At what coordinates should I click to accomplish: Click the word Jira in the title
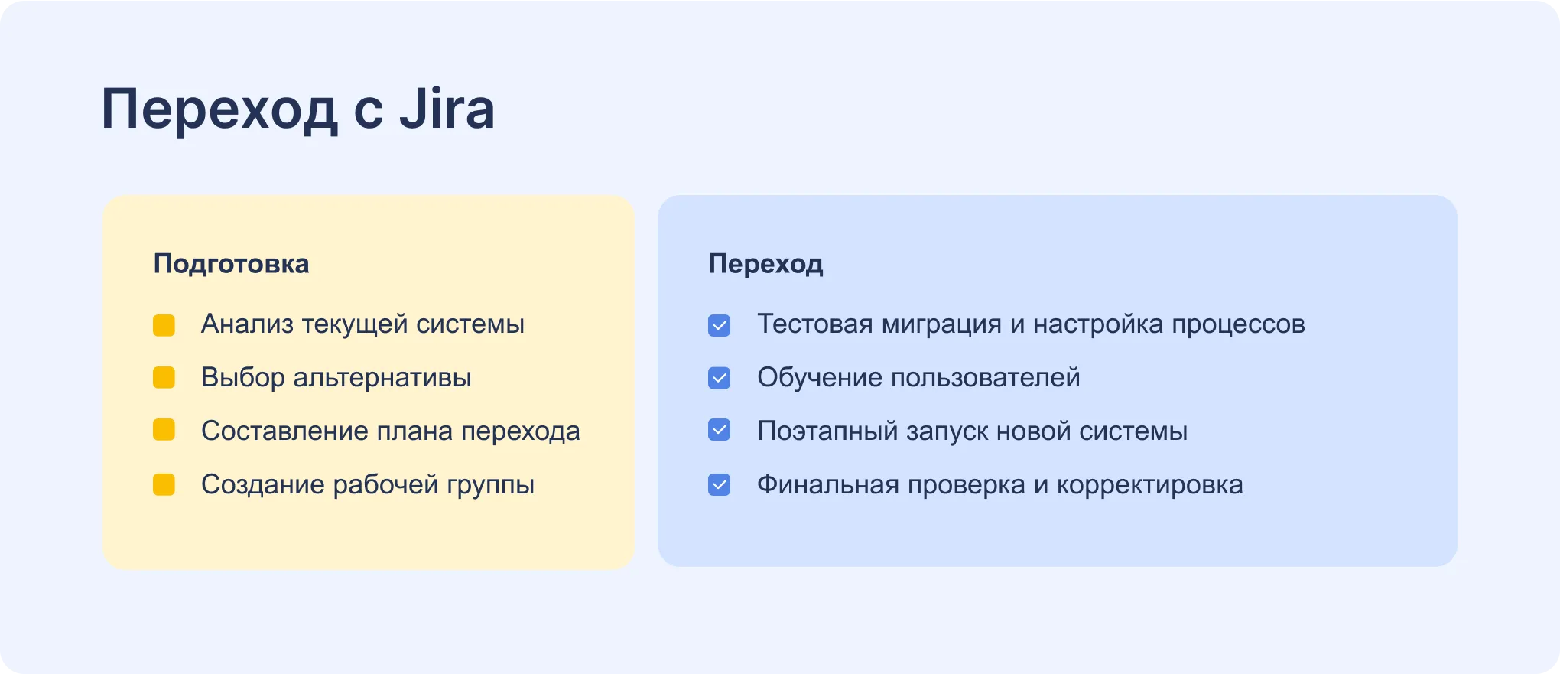click(447, 109)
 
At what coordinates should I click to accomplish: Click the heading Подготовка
click(231, 264)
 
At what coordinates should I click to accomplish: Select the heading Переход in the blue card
click(765, 264)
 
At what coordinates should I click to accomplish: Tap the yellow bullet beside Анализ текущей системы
click(164, 324)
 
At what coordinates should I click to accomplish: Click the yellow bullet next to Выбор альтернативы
click(164, 378)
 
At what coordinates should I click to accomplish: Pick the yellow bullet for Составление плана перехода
click(164, 431)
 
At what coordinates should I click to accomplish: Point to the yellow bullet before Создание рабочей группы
click(164, 485)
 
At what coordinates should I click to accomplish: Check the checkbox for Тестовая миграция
click(719, 325)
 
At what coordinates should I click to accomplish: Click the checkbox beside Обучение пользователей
click(719, 378)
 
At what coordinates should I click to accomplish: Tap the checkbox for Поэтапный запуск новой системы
click(719, 431)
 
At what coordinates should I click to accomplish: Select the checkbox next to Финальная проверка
click(719, 485)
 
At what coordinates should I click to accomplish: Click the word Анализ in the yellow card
click(247, 324)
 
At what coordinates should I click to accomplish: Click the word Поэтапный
click(827, 432)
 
